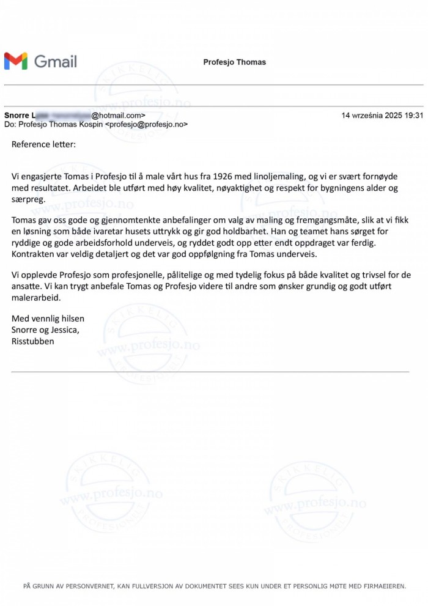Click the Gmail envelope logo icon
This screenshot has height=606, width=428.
pos(16,61)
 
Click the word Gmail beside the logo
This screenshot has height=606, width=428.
pos(56,61)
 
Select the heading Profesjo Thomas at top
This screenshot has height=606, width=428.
pos(235,62)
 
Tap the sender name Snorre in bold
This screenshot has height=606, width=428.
pos(16,115)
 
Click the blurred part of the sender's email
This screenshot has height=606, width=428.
pos(64,115)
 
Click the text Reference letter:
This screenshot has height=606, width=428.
pos(44,145)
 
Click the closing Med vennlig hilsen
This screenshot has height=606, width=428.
pos(48,319)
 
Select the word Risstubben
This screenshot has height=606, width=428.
pos(33,341)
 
